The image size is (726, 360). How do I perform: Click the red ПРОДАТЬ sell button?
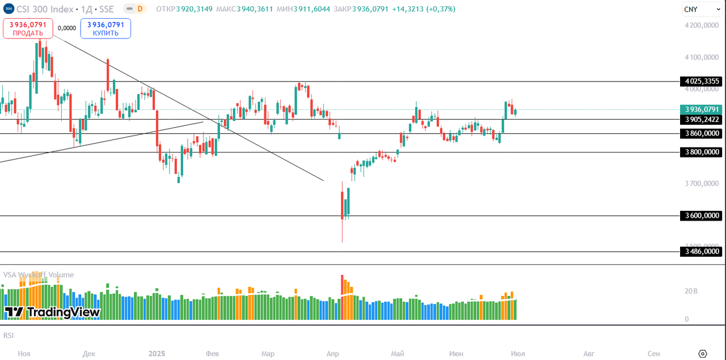(28, 28)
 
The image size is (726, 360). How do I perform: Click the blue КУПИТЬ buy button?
(105, 28)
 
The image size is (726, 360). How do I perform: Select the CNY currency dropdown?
(697, 9)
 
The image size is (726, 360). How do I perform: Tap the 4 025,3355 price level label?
(702, 82)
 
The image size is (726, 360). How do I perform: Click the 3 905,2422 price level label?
(702, 120)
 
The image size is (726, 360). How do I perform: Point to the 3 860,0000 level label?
(702, 134)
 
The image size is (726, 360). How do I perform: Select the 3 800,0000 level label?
(702, 152)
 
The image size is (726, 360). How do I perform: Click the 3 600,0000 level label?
(702, 215)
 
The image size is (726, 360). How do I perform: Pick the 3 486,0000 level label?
(702, 251)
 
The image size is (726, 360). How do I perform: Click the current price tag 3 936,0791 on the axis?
(702, 109)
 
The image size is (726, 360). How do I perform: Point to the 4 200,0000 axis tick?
(702, 26)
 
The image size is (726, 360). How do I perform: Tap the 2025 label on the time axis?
(157, 354)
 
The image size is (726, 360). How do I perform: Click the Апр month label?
(333, 354)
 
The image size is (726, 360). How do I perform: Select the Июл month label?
(517, 354)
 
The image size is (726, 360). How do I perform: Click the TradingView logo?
(52, 312)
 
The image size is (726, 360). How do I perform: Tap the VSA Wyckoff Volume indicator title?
(39, 275)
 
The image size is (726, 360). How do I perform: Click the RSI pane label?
(9, 336)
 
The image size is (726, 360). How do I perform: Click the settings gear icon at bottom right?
(703, 354)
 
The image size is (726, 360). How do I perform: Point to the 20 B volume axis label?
(691, 291)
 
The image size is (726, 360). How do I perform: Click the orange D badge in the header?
(140, 9)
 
